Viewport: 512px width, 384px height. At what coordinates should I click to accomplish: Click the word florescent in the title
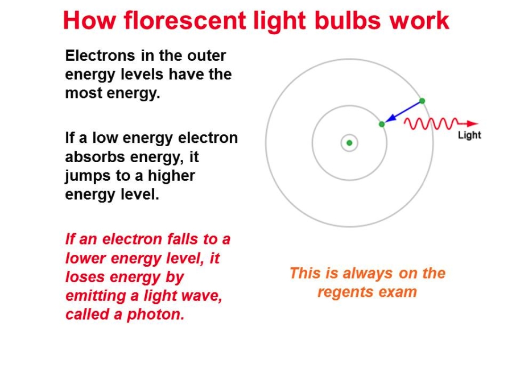pyautogui.click(x=184, y=20)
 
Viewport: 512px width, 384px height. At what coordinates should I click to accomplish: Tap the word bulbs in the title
pyautogui.click(x=348, y=20)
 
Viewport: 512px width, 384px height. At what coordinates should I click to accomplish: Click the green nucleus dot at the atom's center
pyautogui.click(x=349, y=143)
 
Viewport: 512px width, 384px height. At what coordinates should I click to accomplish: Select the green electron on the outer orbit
pyautogui.click(x=422, y=101)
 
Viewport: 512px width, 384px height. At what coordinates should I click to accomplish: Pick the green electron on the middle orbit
pyautogui.click(x=382, y=124)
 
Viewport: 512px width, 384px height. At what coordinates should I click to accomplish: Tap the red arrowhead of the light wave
pyautogui.click(x=473, y=123)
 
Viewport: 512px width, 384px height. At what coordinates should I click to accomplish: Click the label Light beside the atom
pyautogui.click(x=469, y=135)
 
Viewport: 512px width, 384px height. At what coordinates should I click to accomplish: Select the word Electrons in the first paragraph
pyautogui.click(x=100, y=56)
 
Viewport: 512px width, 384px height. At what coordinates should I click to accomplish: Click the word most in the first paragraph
pyautogui.click(x=84, y=93)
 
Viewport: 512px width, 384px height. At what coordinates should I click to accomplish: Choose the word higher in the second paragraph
pyautogui.click(x=171, y=176)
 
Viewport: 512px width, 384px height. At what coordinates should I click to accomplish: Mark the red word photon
pyautogui.click(x=156, y=315)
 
